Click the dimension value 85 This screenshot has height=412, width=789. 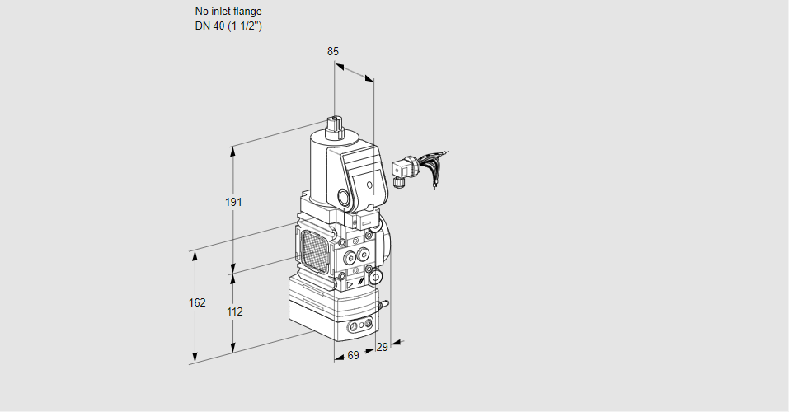click(x=332, y=51)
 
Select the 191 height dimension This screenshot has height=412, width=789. click(x=235, y=203)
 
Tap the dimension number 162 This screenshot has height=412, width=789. click(x=196, y=302)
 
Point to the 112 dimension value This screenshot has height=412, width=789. click(x=235, y=311)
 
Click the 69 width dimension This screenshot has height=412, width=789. click(x=353, y=355)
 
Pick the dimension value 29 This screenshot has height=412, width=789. click(x=381, y=348)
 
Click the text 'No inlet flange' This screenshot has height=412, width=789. click(x=228, y=12)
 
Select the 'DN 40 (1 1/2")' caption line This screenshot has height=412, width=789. click(x=228, y=26)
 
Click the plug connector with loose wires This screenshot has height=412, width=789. click(x=403, y=170)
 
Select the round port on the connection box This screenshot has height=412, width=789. click(x=343, y=198)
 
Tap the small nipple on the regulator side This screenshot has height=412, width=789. click(x=383, y=306)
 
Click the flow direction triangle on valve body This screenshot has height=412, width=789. click(x=350, y=285)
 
